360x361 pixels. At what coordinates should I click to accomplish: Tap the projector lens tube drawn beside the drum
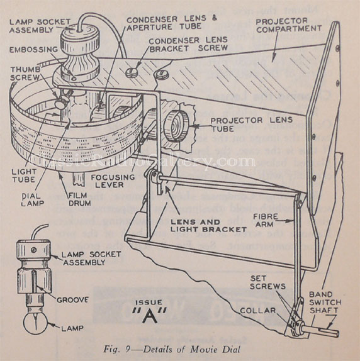(174, 123)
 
